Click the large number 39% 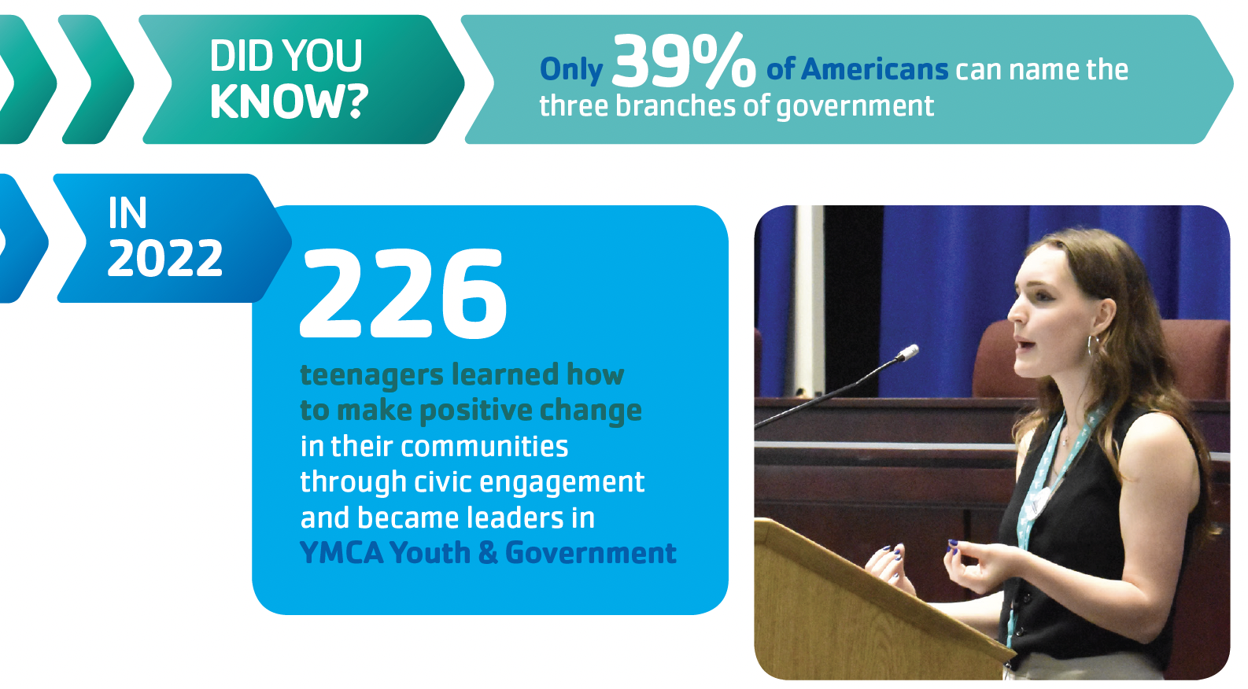coord(684,61)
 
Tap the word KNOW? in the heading coord(289,102)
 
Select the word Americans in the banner coord(875,70)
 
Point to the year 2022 coord(165,258)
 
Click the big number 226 coord(404,294)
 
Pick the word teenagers coord(371,376)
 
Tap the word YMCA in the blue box coord(342,553)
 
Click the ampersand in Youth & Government coord(488,553)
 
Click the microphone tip coord(909,352)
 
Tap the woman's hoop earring coord(1092,346)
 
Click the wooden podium coord(870,607)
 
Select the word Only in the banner coord(571,70)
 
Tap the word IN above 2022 coord(127,213)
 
